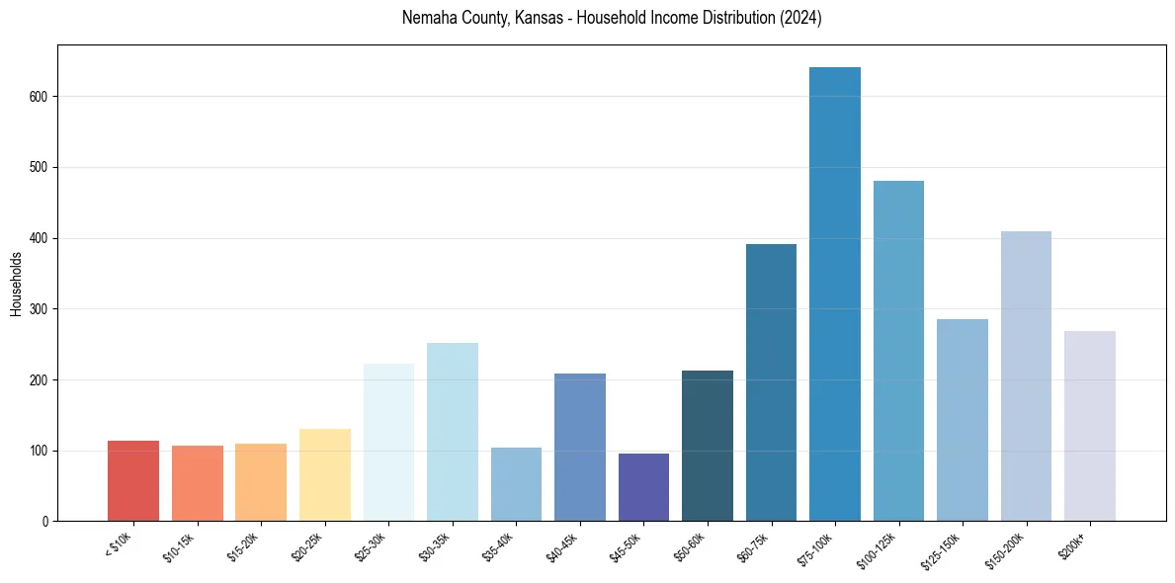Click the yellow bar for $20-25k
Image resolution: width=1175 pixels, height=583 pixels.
click(325, 475)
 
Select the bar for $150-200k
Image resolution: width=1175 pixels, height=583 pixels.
click(1026, 376)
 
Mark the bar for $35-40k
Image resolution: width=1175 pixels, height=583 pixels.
click(516, 484)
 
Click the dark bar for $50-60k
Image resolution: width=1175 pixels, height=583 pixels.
click(708, 446)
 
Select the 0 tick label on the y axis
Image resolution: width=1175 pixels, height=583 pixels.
click(46, 522)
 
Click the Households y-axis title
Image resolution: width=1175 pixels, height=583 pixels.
click(16, 284)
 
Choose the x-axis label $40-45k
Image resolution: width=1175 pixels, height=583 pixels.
click(562, 546)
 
